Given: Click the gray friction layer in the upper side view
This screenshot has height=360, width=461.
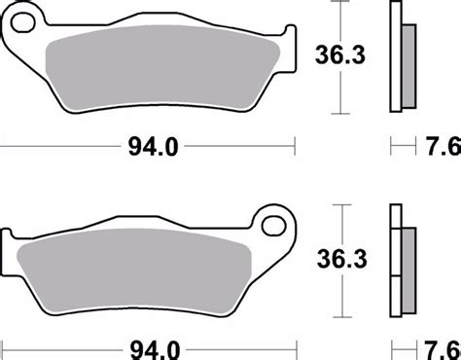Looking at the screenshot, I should point(408,68).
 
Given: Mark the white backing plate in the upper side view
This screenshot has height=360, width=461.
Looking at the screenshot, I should point(396,58).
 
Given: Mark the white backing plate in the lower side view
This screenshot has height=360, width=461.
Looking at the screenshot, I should point(396,263).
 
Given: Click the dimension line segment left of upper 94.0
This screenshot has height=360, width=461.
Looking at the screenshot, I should point(58,149).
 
